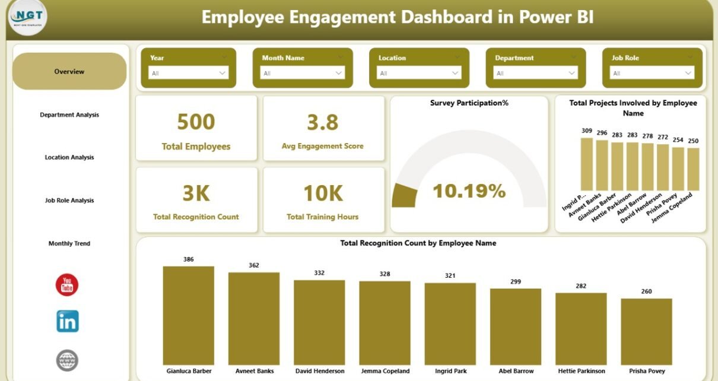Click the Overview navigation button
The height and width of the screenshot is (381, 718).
tap(69, 71)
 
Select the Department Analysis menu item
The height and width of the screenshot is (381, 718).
tap(69, 115)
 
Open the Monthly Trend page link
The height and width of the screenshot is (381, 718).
tap(69, 243)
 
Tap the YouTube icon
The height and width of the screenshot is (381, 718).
tap(67, 285)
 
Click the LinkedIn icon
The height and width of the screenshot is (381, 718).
tap(67, 321)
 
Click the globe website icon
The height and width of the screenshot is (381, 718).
tap(67, 360)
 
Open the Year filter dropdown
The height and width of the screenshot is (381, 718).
tap(188, 73)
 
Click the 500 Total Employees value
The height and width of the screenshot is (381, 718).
tap(196, 122)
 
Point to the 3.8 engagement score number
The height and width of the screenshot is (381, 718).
tap(323, 122)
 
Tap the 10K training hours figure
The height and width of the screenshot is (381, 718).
tap(323, 193)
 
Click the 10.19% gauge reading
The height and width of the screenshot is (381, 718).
tap(469, 190)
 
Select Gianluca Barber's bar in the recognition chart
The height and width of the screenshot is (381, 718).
tap(189, 315)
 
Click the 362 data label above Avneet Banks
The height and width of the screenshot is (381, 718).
tap(254, 265)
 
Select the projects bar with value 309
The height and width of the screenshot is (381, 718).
tap(587, 164)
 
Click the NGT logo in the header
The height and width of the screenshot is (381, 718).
tap(28, 17)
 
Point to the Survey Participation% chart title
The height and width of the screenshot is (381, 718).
tap(469, 103)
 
